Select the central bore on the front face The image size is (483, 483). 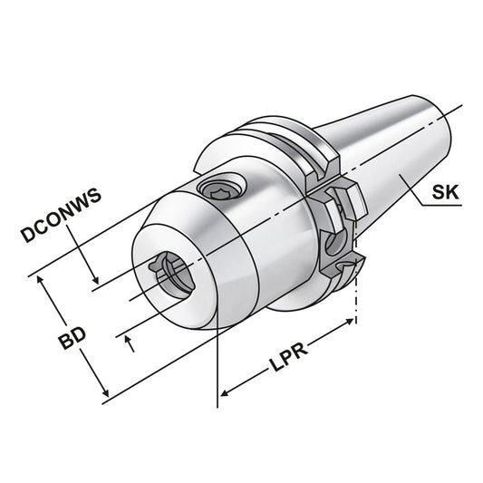pos(175,273)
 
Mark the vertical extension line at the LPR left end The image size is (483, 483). pos(218,362)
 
